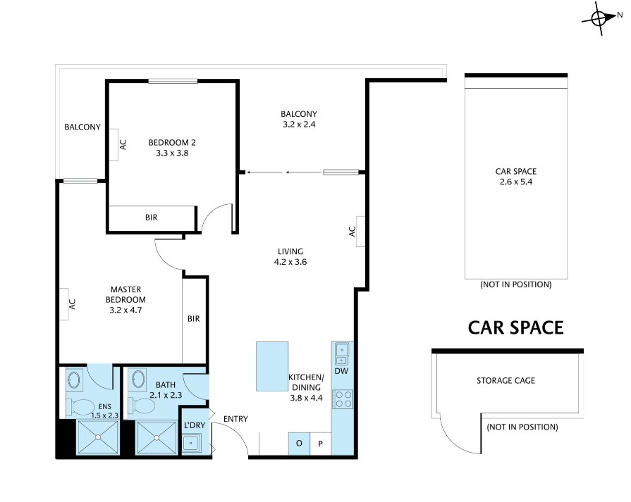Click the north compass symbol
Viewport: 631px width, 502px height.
[x=599, y=18]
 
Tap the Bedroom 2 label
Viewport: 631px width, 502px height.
[x=172, y=142]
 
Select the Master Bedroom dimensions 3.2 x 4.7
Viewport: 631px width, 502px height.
[x=125, y=310]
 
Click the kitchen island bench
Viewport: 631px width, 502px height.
[x=272, y=366]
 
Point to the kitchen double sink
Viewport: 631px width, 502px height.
[x=342, y=353]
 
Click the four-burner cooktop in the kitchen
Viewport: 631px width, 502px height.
[x=343, y=399]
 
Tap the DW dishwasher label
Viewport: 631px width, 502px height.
[x=341, y=371]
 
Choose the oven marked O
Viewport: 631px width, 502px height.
[x=299, y=444]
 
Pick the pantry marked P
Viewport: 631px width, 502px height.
[x=320, y=444]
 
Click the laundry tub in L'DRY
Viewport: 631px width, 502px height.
[x=192, y=444]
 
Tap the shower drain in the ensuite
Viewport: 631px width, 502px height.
[x=98, y=437]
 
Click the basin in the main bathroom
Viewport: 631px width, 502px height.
[x=137, y=379]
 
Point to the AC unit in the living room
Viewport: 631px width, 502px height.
[x=360, y=232]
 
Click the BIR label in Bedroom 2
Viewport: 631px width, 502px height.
[x=152, y=218]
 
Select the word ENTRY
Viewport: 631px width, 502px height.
[x=235, y=419]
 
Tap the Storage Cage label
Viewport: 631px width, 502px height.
[x=506, y=381]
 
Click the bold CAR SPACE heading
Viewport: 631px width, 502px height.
[x=515, y=327]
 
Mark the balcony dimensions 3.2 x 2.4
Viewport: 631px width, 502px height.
[x=299, y=124]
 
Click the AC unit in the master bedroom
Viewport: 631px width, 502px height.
[x=64, y=304]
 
